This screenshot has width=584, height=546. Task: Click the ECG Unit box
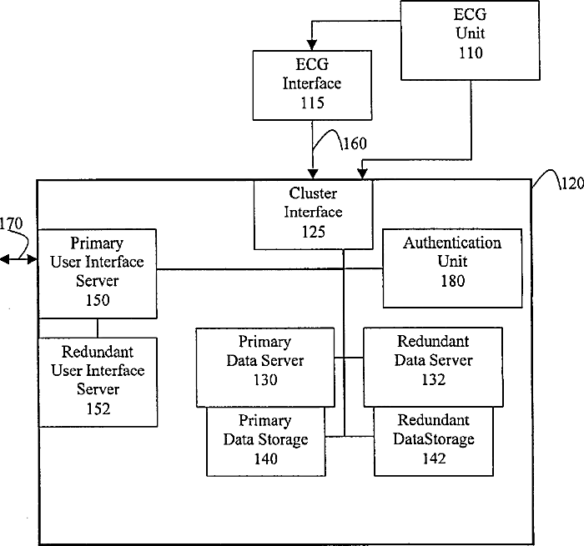click(470, 40)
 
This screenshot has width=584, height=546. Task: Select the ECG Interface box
click(312, 85)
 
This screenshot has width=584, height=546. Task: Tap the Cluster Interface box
click(313, 215)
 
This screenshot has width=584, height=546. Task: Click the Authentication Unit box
click(452, 268)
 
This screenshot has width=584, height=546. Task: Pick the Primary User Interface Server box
click(98, 273)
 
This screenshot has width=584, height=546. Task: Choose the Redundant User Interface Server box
click(98, 382)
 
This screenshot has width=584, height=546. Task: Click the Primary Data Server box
click(265, 368)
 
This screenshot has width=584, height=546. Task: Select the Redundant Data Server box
click(433, 367)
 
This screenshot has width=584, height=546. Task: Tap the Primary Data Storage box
click(266, 442)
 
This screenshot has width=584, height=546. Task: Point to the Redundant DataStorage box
click(434, 442)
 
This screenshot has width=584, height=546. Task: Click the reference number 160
click(355, 143)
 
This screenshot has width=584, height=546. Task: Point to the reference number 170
click(11, 223)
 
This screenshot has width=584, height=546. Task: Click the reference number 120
click(572, 183)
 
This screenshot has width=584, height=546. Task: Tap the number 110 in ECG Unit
click(471, 53)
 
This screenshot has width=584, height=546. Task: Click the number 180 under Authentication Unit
click(453, 281)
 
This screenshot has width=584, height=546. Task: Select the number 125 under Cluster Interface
click(314, 232)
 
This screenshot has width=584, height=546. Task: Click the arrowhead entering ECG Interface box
click(312, 45)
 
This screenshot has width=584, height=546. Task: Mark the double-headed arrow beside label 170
click(18, 259)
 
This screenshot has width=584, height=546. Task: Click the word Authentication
click(452, 243)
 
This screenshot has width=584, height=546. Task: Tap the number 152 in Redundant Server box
click(98, 409)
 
